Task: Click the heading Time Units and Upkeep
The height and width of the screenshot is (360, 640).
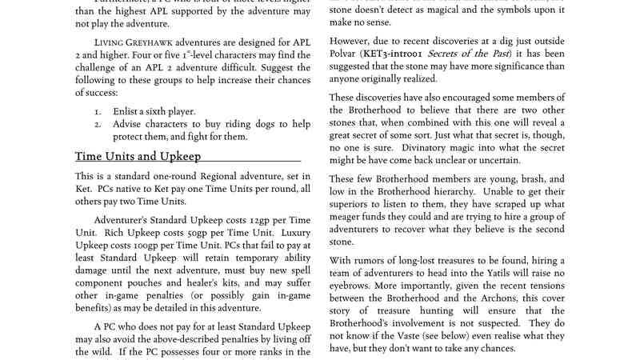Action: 138,156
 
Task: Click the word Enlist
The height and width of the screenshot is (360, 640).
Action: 129,110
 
